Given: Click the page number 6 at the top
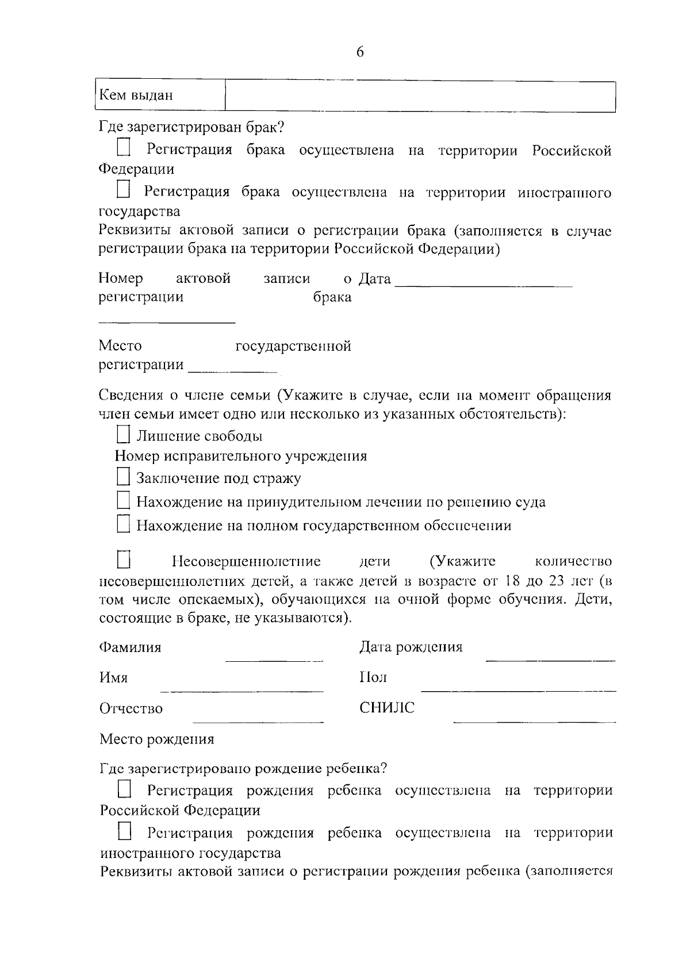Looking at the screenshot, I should coord(360,52).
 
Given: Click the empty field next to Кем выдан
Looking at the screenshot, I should coord(420,96).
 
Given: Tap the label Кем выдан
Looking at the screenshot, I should coord(136,95).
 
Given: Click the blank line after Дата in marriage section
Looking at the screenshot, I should coord(484,283).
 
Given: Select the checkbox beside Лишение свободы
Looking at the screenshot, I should coord(123,434).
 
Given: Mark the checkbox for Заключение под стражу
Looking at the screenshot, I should coord(123,477).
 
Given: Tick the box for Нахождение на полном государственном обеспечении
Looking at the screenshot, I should coord(123,524).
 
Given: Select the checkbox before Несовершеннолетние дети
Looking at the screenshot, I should coord(124,559).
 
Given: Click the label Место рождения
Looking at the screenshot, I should coord(157,739).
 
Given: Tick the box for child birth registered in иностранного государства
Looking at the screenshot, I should coord(125,831).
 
